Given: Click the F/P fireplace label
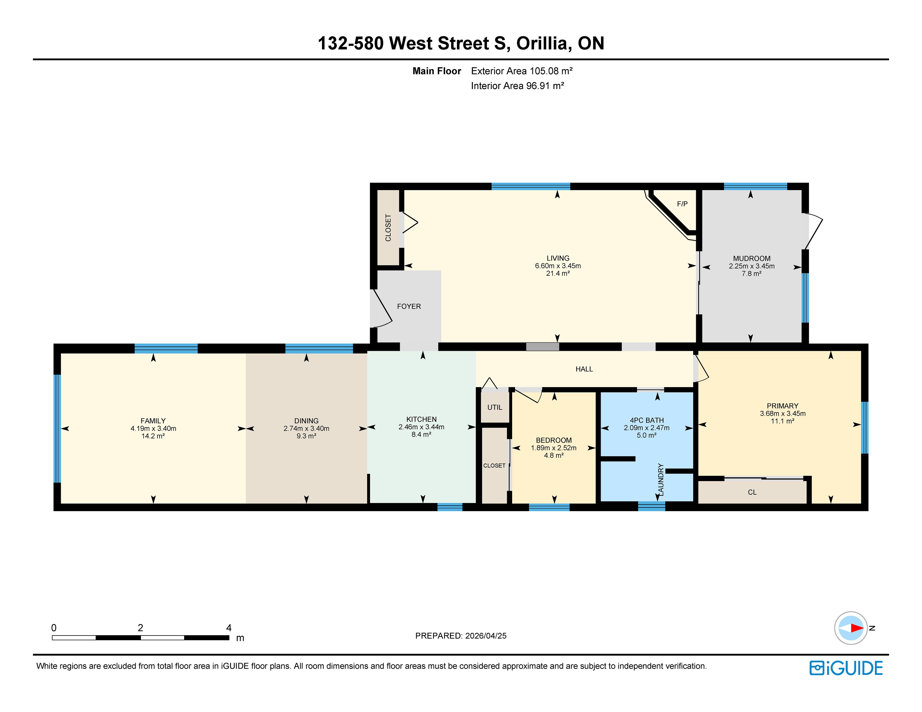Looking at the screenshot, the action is [x=682, y=204].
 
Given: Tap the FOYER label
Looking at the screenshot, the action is [x=409, y=306].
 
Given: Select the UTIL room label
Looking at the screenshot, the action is [x=495, y=407].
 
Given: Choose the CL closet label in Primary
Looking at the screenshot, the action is [x=752, y=492].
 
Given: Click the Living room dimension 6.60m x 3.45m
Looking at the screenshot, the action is [x=558, y=266].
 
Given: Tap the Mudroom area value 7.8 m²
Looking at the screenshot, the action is [x=752, y=274].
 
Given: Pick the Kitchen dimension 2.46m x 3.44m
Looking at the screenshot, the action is [x=421, y=427].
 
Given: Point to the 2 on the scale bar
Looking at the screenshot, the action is [x=140, y=628].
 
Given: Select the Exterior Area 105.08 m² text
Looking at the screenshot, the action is [x=522, y=71].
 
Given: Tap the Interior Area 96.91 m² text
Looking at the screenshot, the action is [x=518, y=86].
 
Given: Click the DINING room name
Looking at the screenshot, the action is [x=306, y=421].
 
